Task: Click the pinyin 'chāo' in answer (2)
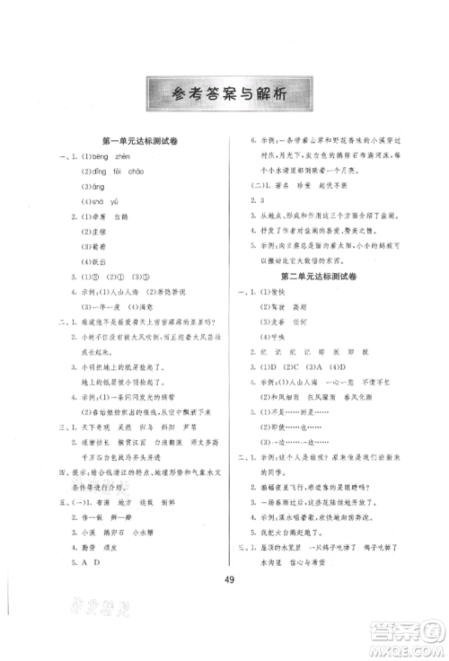pyautogui.click(x=159, y=171)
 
